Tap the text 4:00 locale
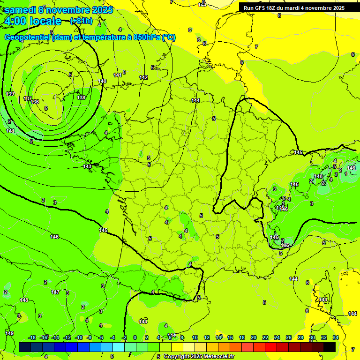[33, 21]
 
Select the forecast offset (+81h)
[81, 21]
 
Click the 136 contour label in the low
[35, 102]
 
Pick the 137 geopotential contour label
[28, 98]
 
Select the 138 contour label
[81, 97]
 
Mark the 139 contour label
[10, 94]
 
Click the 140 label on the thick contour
[102, 81]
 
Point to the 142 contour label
[143, 77]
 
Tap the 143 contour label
[87, 166]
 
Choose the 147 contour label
[55, 292]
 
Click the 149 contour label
[9, 333]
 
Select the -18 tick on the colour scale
[32, 337]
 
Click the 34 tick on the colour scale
[335, 337]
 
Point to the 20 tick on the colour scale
[254, 337]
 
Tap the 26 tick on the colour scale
[289, 337]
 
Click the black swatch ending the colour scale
[330, 347]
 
